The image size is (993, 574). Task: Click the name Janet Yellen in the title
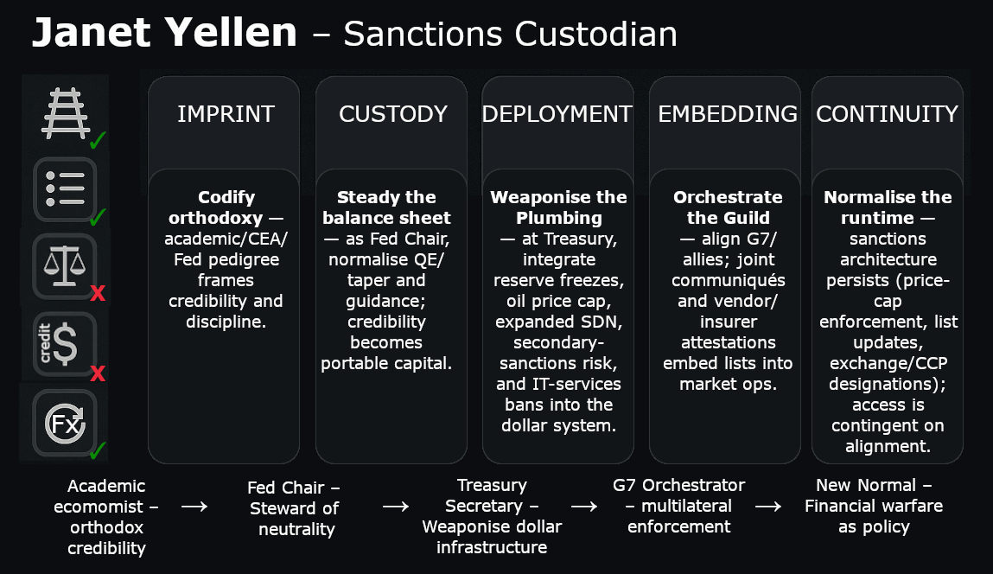pos(164,33)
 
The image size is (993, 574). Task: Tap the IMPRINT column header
pos(226,114)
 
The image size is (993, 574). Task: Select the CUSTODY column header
pos(393,114)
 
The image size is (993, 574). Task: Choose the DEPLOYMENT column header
pos(557,114)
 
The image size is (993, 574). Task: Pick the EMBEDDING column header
pos(728,114)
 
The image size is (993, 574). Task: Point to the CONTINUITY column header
pos(888,114)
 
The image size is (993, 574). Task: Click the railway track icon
pos(64,112)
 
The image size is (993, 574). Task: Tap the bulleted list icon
pos(64,188)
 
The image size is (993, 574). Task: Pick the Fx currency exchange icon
pos(64,424)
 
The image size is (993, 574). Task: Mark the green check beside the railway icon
pos(98,139)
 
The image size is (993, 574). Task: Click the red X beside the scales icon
pos(98,294)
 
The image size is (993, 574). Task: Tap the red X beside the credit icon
pos(98,373)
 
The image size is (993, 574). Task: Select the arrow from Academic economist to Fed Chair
pos(194,507)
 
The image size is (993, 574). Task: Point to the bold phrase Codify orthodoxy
pos(226,207)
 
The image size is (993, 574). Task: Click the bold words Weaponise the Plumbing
pos(558,207)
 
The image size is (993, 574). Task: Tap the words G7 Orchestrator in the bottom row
pos(678,485)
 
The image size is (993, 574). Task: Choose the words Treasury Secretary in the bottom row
pos(490,495)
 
